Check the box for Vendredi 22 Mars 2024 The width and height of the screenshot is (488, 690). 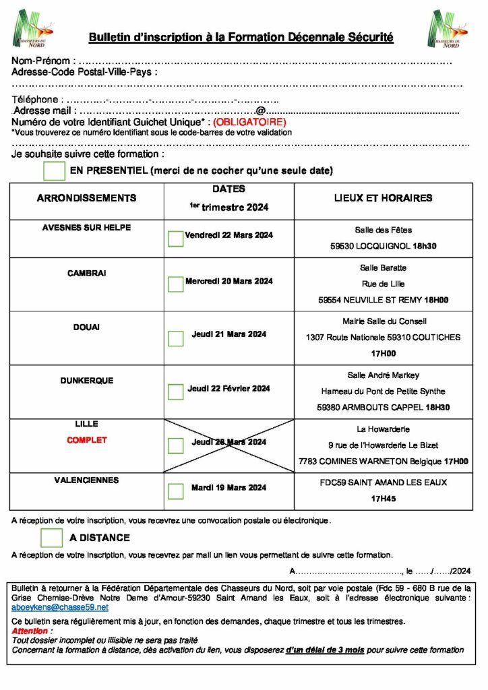click(175, 239)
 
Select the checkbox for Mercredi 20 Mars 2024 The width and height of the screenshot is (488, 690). click(175, 284)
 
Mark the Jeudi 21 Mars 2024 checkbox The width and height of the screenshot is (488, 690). click(175, 338)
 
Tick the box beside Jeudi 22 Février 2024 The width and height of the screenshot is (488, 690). click(175, 391)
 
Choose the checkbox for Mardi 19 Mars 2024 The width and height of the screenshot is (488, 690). click(175, 491)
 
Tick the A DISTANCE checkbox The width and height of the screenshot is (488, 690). click(51, 538)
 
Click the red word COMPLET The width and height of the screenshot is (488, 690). click(87, 440)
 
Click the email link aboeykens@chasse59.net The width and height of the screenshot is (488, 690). click(60, 607)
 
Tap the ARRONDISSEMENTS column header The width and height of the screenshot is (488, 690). click(86, 198)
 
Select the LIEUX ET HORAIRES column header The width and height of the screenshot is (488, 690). click(383, 198)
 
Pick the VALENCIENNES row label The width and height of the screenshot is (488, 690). click(86, 480)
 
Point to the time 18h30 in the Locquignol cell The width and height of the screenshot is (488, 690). click(425, 247)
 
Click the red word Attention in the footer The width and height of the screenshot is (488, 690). click(30, 631)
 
